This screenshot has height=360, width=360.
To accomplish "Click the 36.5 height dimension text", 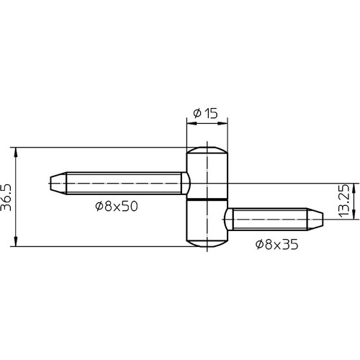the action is pos(6,197).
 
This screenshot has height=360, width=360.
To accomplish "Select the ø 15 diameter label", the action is pos(205,113).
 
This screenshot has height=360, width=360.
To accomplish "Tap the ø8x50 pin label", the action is pos(117,206).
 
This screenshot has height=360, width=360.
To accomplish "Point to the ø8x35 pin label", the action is pos(277,244).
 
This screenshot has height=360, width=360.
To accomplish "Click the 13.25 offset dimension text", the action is pos(343,201).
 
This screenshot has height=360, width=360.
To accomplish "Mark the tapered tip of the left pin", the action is pos(58,184).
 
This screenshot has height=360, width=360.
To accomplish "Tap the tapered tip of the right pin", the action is pos(315,219).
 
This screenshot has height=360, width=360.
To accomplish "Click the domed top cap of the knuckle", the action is pos(207,150).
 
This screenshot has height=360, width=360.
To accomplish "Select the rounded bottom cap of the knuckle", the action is pos(207,243).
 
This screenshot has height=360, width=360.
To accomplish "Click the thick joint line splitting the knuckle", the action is pos(207,199).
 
